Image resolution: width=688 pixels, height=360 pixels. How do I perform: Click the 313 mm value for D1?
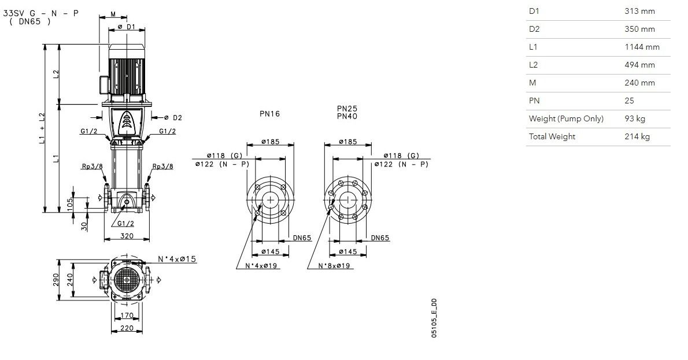[x=639, y=11]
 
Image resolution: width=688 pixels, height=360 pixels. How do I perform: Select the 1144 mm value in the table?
[x=642, y=47]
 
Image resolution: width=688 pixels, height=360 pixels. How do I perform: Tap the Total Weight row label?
[x=552, y=136]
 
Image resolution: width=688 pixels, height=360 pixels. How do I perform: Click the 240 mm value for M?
[x=640, y=83]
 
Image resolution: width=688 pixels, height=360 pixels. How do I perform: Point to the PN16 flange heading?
[x=269, y=114]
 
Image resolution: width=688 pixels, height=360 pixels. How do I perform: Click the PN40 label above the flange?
[x=347, y=116]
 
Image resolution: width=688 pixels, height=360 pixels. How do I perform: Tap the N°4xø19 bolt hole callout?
[x=262, y=265]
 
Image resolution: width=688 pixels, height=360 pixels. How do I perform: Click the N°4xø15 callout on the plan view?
[x=177, y=259]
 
